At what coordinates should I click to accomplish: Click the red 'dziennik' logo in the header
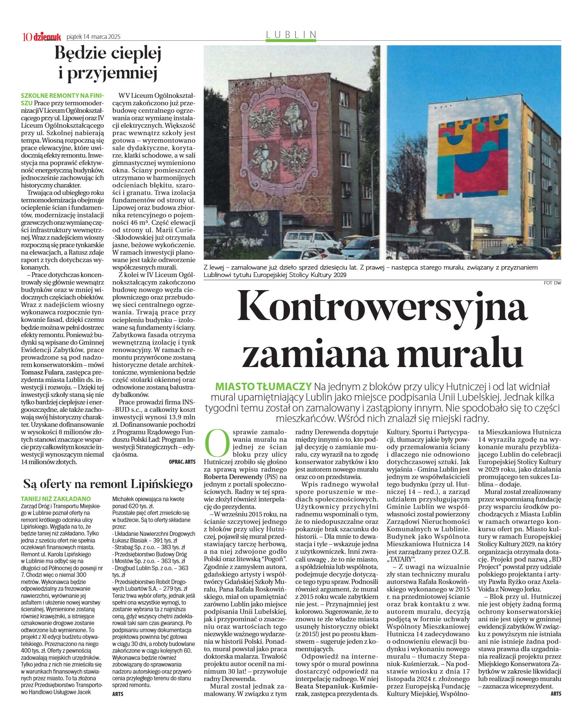47,37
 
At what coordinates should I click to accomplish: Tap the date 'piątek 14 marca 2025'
93,37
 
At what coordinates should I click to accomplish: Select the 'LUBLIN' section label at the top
291,35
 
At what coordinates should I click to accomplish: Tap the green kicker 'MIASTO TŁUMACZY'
263,386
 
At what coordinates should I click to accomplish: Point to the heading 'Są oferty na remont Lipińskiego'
108,484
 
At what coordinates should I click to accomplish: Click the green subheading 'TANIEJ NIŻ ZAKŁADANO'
56,499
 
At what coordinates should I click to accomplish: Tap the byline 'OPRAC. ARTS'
182,462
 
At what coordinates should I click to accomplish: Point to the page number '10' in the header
27,37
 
